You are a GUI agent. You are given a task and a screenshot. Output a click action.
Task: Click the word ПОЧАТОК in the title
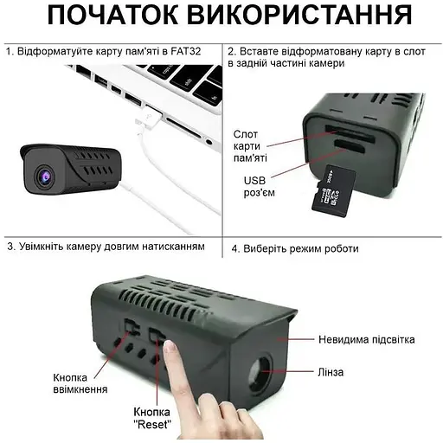[112, 15]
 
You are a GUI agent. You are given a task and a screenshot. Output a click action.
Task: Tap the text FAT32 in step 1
[186, 51]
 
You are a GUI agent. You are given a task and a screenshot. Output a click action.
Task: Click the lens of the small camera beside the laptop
[45, 176]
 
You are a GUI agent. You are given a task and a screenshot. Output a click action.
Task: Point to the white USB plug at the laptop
[150, 119]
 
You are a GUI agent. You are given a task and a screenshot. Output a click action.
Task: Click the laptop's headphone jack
[209, 141]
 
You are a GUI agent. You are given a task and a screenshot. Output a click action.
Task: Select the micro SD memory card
[334, 191]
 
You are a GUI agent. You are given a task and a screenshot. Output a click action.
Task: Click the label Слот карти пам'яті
[250, 146]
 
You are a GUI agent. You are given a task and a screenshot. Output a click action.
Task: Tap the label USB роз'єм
[259, 187]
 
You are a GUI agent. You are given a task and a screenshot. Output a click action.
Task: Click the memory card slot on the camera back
[350, 133]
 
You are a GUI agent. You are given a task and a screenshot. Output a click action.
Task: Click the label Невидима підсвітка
[367, 339]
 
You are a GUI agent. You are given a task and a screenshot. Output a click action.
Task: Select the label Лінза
[331, 372]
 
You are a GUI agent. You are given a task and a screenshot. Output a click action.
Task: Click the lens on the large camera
[261, 372]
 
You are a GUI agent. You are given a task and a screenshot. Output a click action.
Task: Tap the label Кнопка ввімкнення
[80, 383]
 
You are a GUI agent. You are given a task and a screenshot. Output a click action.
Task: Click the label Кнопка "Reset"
[152, 418]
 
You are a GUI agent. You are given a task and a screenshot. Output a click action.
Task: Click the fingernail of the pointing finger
[170, 347]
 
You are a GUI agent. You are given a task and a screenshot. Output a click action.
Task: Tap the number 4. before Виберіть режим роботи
[235, 249]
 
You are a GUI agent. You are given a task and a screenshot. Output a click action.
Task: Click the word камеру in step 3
[83, 247]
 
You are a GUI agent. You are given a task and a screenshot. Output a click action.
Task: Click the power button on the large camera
[132, 327]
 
